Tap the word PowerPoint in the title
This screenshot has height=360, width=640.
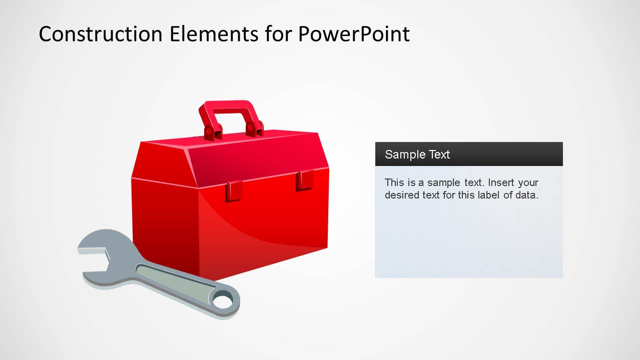[354, 34]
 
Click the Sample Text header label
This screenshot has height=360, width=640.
[417, 154]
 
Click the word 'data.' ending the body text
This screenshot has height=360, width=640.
[527, 195]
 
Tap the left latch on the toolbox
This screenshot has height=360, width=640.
[234, 191]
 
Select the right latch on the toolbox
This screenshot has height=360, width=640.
[304, 180]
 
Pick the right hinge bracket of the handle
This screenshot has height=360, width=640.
[254, 128]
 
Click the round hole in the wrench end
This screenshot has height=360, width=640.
[223, 301]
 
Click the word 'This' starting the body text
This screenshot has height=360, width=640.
[394, 182]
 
